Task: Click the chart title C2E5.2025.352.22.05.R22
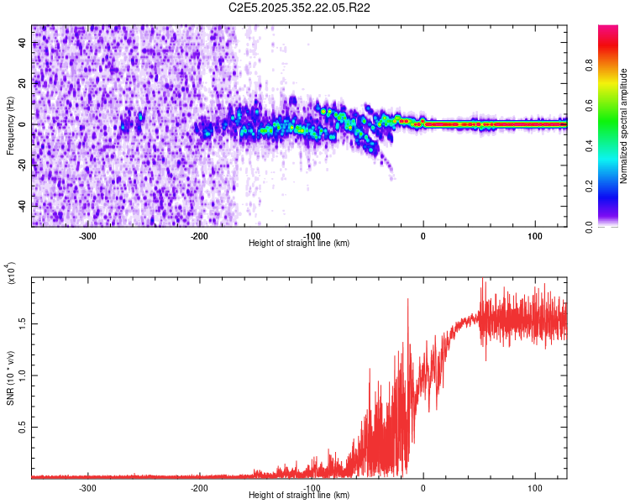click(x=300, y=8)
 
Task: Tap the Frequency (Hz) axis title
click(x=10, y=126)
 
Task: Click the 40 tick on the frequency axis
click(x=22, y=44)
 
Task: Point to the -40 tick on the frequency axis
click(x=20, y=206)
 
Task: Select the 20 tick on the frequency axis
click(x=22, y=84)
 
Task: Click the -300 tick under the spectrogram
click(x=87, y=235)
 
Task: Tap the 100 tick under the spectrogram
click(x=535, y=235)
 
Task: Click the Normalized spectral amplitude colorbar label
click(x=624, y=126)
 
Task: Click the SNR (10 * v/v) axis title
click(x=10, y=378)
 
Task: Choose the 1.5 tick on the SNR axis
click(x=20, y=323)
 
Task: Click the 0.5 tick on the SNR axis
click(x=20, y=427)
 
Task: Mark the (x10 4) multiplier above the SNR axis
click(x=10, y=273)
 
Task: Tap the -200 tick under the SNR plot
click(x=199, y=487)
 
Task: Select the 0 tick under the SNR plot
click(x=423, y=487)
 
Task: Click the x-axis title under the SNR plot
click(x=299, y=496)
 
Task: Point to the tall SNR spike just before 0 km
click(x=408, y=301)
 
